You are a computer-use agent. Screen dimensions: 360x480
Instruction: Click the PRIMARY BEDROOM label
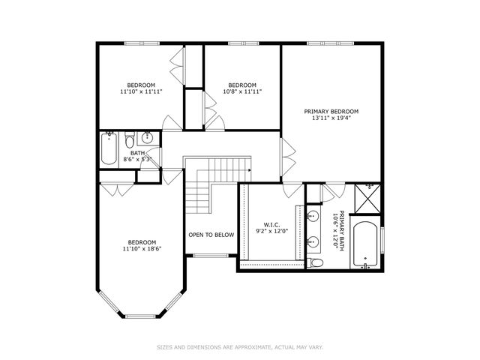click(x=331, y=112)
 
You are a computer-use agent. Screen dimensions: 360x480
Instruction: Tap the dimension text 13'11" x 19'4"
click(x=331, y=118)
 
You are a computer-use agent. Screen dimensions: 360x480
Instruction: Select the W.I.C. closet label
click(x=271, y=224)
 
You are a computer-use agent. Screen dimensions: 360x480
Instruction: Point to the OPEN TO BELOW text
click(x=211, y=235)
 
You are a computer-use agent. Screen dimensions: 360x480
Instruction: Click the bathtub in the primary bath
click(x=366, y=244)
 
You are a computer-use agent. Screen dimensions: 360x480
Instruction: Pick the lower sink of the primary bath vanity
click(x=313, y=241)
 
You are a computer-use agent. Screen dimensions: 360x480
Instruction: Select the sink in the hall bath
click(x=147, y=138)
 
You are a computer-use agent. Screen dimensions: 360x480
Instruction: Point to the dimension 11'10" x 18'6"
click(x=141, y=248)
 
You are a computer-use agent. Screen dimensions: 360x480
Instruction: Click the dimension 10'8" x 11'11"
click(x=242, y=91)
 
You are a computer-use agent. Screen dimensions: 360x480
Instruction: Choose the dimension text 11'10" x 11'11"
click(x=141, y=91)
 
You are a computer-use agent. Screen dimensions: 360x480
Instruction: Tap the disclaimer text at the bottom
click(x=240, y=347)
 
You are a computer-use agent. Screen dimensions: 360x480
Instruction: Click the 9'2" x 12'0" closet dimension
click(x=271, y=231)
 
